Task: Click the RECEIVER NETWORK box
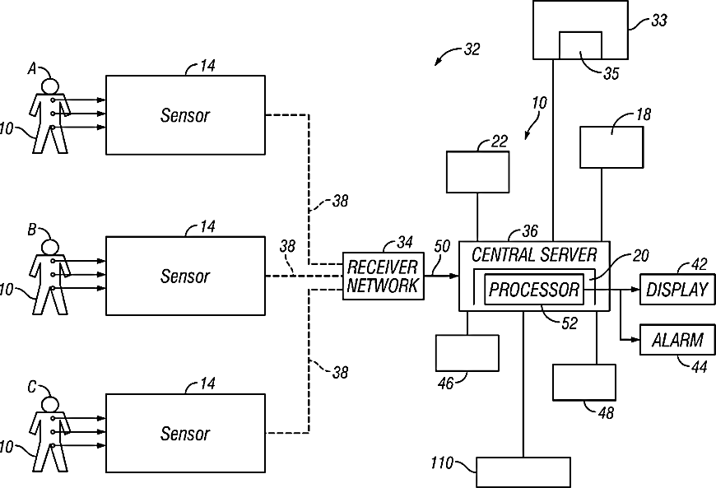click(x=383, y=276)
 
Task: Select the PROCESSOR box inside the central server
click(x=534, y=290)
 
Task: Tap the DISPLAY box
click(x=676, y=290)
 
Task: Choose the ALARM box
click(x=676, y=339)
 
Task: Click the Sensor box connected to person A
click(x=185, y=114)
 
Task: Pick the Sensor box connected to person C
click(x=185, y=433)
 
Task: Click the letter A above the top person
click(x=33, y=70)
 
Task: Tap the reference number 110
click(x=441, y=463)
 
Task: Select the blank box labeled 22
click(x=477, y=171)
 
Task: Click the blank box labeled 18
click(x=611, y=146)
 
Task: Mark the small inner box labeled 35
click(x=582, y=45)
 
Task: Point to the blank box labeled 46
click(x=467, y=353)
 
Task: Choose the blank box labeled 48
click(x=583, y=382)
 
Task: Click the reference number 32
click(x=472, y=49)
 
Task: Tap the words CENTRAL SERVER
click(x=533, y=253)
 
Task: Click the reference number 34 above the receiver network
click(x=404, y=242)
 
